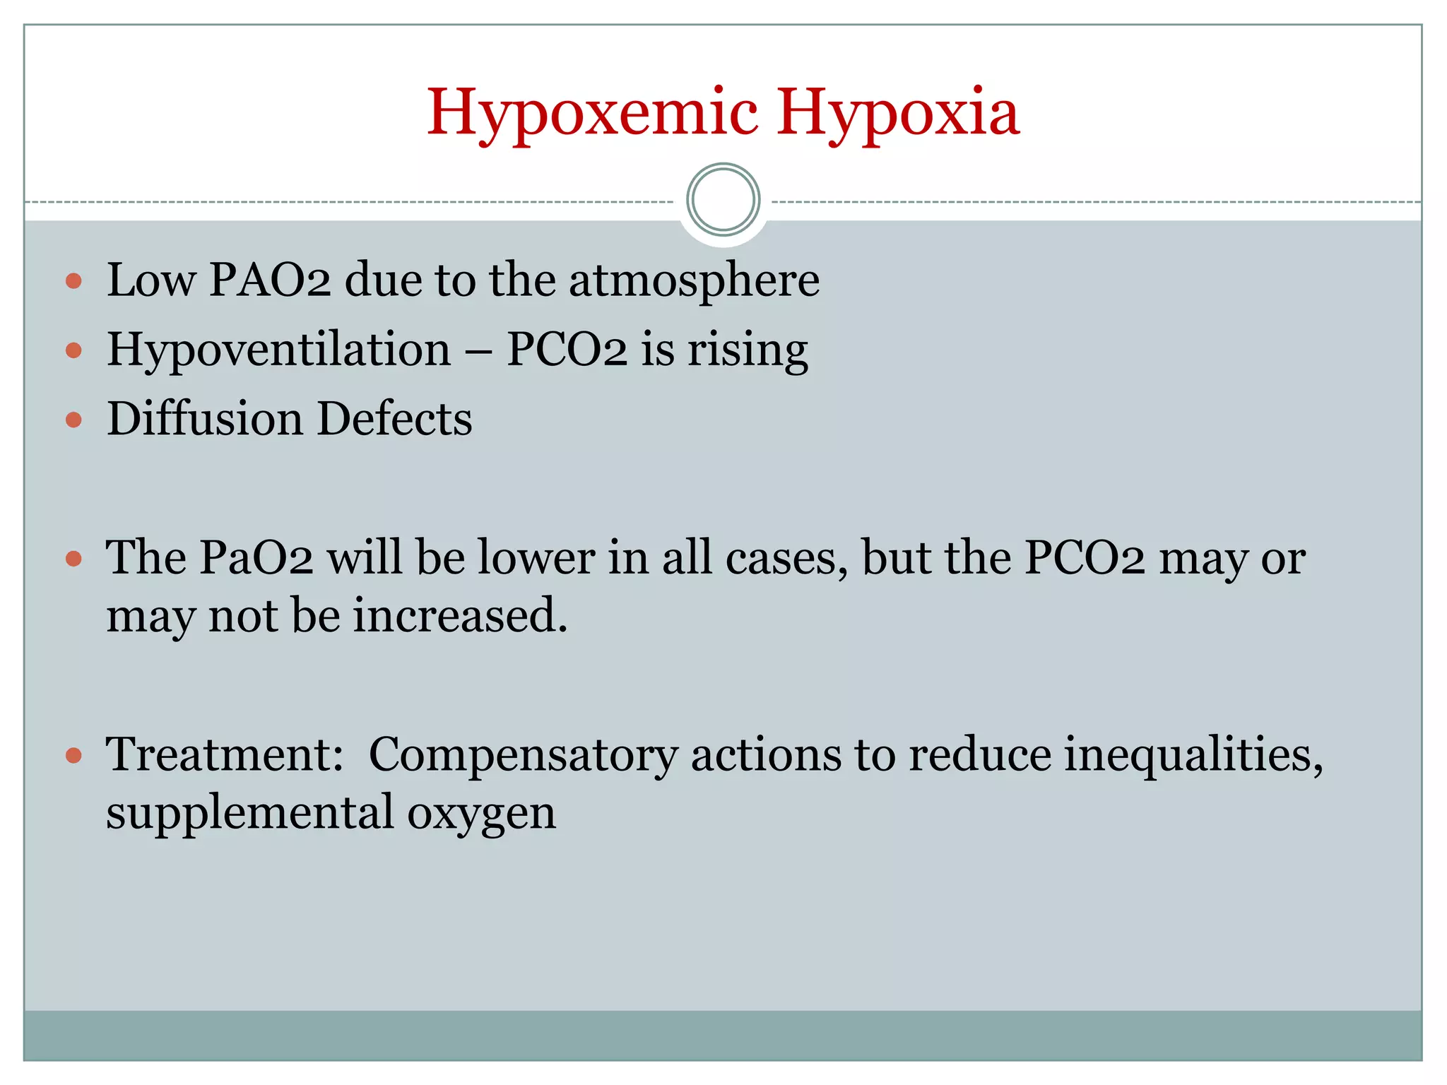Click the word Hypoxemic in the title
[592, 113]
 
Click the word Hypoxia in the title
[898, 113]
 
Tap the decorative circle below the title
[723, 200]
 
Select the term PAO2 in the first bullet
[269, 280]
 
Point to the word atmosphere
[694, 280]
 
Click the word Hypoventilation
[278, 350]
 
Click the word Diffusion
[204, 418]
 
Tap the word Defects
[394, 418]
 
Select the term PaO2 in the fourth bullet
[255, 558]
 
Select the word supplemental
[249, 812]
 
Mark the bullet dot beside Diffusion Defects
[73, 420]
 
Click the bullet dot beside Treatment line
[73, 756]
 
